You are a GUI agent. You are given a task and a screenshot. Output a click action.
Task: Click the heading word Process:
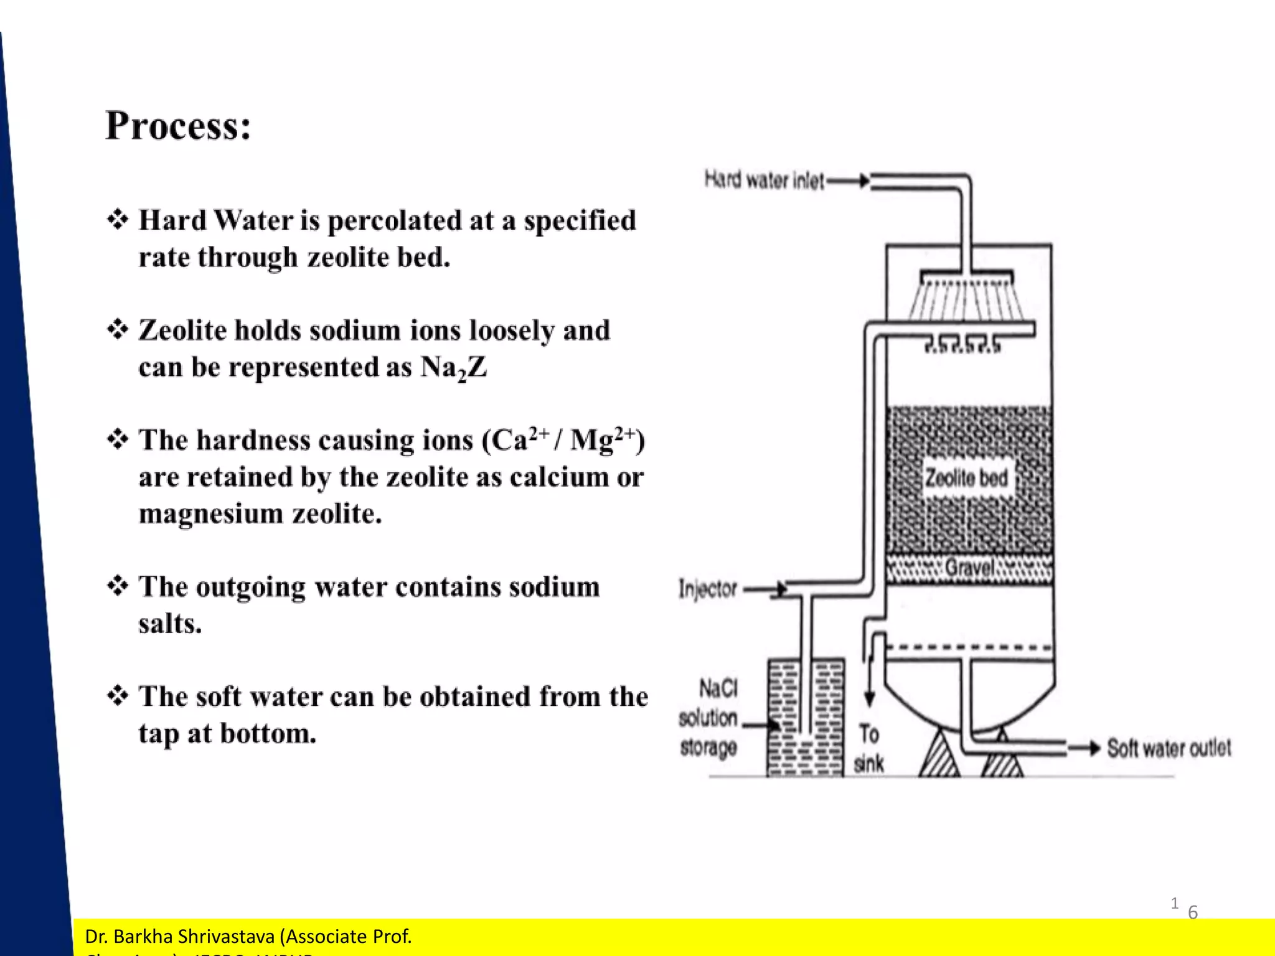click(178, 126)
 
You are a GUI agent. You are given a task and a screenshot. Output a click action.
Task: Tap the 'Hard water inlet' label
click(764, 180)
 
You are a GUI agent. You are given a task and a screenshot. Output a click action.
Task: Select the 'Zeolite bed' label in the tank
click(966, 478)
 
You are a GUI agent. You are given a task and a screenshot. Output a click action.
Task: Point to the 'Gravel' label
click(969, 568)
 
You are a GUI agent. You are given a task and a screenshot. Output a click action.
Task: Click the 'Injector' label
click(708, 589)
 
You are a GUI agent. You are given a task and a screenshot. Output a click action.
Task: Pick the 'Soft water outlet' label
click(1169, 748)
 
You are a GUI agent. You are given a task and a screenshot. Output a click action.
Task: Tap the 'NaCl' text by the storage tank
click(718, 688)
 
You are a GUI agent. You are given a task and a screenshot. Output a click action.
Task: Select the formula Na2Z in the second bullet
click(453, 367)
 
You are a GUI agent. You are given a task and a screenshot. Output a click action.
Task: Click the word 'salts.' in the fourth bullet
click(170, 624)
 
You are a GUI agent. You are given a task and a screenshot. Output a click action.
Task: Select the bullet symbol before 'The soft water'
click(118, 695)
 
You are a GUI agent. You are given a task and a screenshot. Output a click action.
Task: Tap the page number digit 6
click(1193, 912)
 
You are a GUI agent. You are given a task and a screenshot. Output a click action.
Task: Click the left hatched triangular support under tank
click(939, 756)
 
